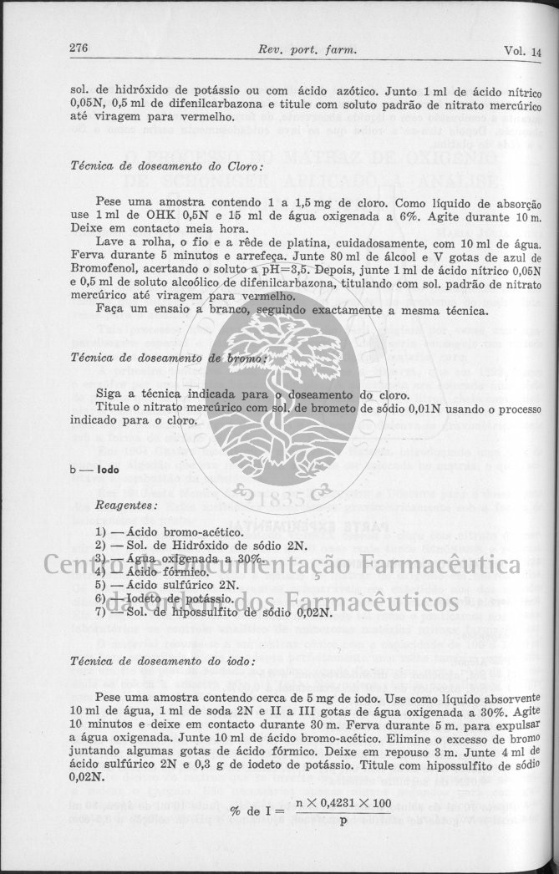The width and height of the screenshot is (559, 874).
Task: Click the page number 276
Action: [79, 48]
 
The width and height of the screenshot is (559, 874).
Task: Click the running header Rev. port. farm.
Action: [308, 50]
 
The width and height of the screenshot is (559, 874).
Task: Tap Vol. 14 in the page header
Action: [523, 52]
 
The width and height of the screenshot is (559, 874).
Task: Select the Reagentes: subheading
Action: [127, 506]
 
